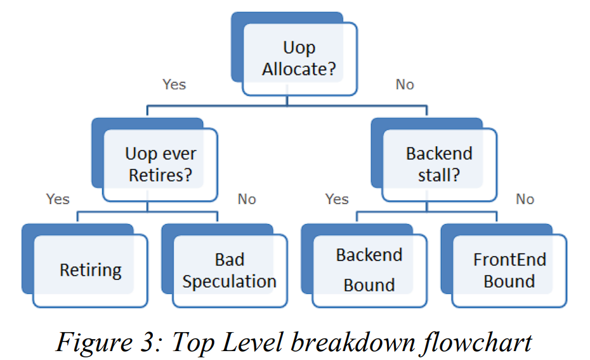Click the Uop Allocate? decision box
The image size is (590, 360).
299,58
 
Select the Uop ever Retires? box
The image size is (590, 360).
160,164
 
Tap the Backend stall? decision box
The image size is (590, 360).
439,164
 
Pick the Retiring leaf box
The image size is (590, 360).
90,270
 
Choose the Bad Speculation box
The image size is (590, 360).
229,270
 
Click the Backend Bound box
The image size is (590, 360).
369,270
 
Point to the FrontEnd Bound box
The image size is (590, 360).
509,270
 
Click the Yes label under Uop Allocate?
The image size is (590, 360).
174,84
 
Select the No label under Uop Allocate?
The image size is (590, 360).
405,84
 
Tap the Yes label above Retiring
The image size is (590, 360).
58,199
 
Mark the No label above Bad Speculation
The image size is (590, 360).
247,199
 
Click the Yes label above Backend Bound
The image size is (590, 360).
337,199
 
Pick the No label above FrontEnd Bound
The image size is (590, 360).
525,199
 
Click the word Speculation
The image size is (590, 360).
229,282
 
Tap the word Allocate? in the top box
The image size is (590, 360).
299,69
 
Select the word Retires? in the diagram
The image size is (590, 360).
160,175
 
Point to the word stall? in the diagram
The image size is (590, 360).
439,175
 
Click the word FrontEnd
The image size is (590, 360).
509,260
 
